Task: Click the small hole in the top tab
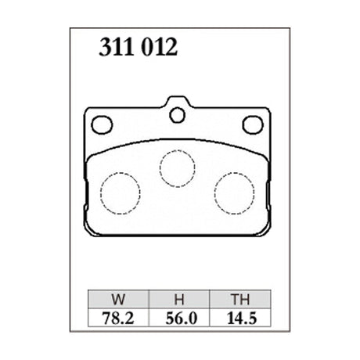pyautogui.click(x=178, y=116)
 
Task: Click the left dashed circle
pyautogui.click(x=121, y=192)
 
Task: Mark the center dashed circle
pyautogui.click(x=178, y=167)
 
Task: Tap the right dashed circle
pyautogui.click(x=234, y=192)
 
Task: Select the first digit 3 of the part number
pyautogui.click(x=103, y=49)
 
